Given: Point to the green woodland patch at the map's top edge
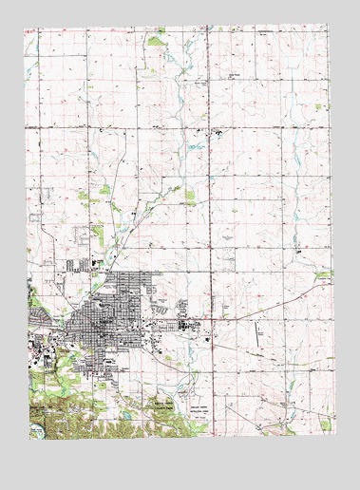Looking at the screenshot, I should click(156, 40).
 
